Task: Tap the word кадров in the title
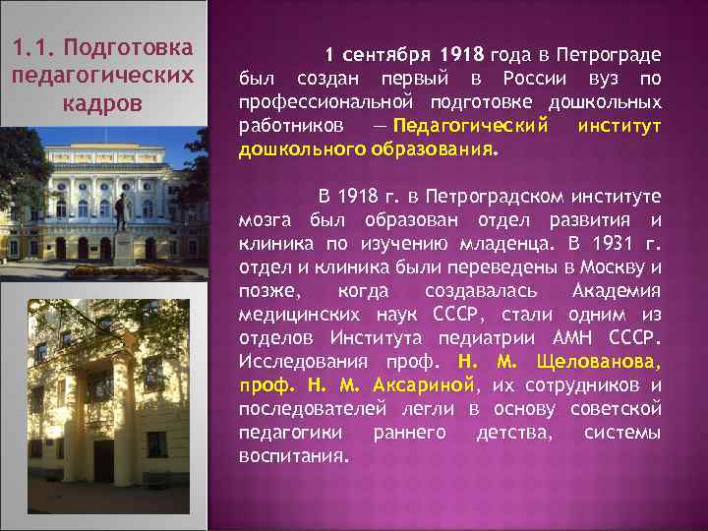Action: [102, 103]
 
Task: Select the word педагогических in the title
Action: [102, 76]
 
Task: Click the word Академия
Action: [616, 291]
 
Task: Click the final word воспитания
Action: [293, 455]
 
